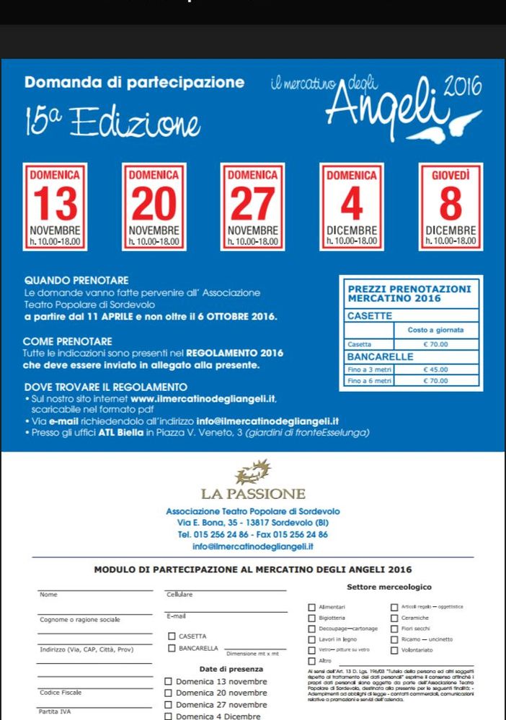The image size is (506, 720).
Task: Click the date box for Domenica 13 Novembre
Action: [55, 207]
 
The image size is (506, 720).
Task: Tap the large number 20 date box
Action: [154, 207]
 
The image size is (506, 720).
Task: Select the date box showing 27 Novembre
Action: [252, 207]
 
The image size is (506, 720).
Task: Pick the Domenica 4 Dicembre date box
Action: [352, 207]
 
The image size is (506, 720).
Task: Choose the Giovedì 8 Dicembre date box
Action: [450, 207]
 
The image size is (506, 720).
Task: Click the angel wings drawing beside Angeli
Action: [457, 124]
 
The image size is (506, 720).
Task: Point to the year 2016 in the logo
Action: [462, 89]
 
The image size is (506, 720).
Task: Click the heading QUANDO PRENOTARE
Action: [76, 280]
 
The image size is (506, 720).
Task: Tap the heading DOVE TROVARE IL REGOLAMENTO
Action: [105, 387]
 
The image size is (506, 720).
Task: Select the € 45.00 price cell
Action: [436, 369]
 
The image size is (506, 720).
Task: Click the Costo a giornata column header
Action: [436, 330]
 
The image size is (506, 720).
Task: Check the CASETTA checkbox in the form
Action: [172, 636]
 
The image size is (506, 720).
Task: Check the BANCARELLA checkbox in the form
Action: [172, 648]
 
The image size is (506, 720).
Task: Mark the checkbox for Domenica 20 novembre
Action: [169, 693]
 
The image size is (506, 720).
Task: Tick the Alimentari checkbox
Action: [311, 608]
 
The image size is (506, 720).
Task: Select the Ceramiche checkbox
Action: [394, 618]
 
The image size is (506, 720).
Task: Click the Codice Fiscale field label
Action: [61, 692]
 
